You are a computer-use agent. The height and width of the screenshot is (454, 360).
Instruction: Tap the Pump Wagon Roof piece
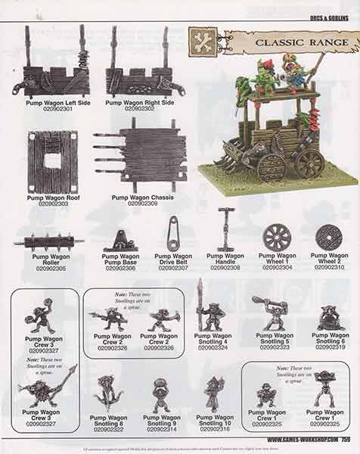pyautogui.click(x=53, y=160)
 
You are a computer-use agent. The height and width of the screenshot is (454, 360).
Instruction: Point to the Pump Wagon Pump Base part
pyautogui.click(x=121, y=241)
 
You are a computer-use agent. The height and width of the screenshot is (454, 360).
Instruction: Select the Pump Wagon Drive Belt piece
pyautogui.click(x=173, y=238)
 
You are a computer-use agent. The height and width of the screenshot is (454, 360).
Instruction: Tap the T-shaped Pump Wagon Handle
pyautogui.click(x=225, y=238)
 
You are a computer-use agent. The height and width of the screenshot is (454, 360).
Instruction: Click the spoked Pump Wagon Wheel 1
pyautogui.click(x=276, y=236)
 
